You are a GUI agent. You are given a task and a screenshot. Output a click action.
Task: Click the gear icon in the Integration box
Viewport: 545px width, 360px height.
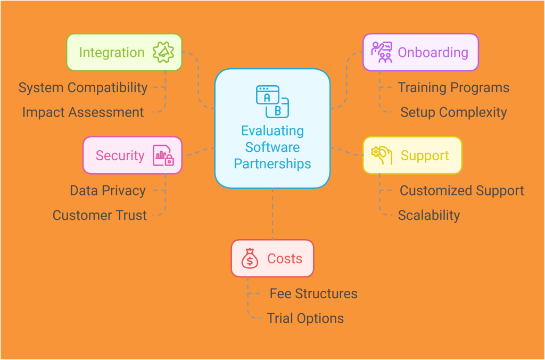coord(163,52)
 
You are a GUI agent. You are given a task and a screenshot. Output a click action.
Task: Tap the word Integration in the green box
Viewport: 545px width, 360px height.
coord(112,52)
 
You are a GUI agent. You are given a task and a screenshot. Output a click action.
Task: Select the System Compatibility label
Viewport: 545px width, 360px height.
coord(83,88)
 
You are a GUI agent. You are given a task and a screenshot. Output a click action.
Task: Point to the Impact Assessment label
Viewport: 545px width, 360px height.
coord(83,112)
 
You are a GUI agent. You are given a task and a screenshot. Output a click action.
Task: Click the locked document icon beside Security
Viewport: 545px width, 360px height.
coord(163,156)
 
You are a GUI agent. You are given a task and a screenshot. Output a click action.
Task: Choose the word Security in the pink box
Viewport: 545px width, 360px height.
coord(120,156)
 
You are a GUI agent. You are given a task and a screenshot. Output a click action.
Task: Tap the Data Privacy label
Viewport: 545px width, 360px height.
coord(108,191)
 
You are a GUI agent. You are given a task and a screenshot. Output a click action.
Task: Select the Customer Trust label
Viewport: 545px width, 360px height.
coord(100,215)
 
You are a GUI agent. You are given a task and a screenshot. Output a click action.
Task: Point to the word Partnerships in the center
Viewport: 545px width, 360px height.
coord(272,163)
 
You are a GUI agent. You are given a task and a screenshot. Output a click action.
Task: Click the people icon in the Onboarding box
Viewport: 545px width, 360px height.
coord(382,52)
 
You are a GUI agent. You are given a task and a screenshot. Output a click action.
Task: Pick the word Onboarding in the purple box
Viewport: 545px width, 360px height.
coord(433,52)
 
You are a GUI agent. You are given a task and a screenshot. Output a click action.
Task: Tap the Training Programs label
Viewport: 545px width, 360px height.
coord(453,88)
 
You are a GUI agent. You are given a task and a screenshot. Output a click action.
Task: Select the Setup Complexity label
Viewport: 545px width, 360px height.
coord(453,112)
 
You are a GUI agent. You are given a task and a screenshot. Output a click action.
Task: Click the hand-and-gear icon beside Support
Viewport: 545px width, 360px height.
coord(381,155)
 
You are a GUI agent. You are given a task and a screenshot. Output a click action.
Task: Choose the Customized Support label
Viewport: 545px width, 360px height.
coord(461,191)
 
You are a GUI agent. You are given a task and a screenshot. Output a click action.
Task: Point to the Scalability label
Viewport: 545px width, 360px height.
coord(429,215)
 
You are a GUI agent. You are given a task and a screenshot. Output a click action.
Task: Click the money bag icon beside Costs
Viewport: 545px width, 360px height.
coord(250,259)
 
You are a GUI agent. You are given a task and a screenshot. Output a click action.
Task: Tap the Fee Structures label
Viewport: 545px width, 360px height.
coord(313,293)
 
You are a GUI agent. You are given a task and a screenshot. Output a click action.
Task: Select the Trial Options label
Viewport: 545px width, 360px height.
coord(305,318)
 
